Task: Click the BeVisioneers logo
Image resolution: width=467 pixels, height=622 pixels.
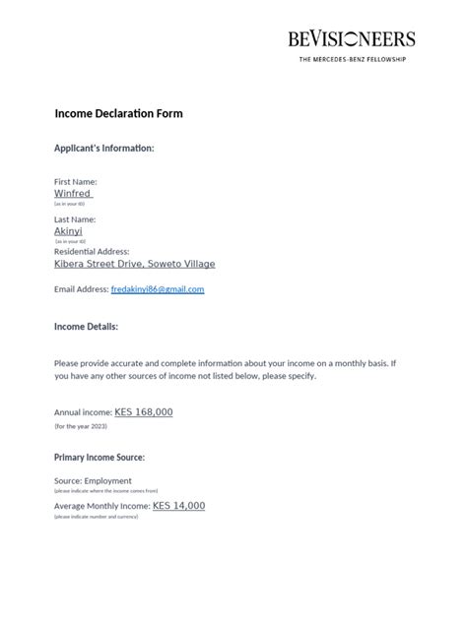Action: [352, 39]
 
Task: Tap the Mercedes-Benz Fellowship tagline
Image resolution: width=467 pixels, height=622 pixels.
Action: [352, 59]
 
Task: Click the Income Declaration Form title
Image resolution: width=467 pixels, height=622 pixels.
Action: [118, 113]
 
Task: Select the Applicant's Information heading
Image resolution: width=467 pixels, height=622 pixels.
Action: [103, 149]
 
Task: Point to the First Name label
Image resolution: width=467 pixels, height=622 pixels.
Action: [75, 182]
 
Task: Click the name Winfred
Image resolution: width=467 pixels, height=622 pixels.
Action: [71, 194]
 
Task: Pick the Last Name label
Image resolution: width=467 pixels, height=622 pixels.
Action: [75, 219]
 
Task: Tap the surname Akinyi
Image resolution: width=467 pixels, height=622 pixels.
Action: [68, 231]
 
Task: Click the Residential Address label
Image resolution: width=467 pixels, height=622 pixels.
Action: [92, 252]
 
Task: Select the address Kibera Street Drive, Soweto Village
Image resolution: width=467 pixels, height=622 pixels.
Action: [134, 264]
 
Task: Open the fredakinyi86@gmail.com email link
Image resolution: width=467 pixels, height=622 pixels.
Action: [158, 289]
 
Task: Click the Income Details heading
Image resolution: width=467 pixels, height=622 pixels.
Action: [86, 326]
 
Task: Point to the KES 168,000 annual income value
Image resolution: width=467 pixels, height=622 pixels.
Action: [144, 412]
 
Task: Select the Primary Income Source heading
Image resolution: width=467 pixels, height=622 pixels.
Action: [100, 458]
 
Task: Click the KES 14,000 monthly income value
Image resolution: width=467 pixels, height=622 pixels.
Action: [178, 506]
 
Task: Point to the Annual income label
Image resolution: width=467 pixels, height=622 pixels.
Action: [83, 413]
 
